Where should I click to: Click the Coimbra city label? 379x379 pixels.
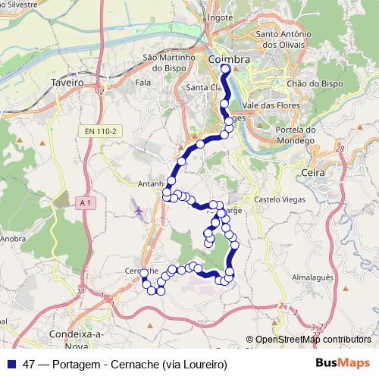tap(228, 59)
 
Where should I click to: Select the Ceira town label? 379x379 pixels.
tap(312, 174)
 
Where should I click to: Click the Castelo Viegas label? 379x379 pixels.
tap(279, 199)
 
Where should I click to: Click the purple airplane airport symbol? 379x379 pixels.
tap(140, 209)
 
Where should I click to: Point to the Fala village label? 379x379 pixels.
tap(143, 80)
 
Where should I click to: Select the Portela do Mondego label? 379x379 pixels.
tap(292, 134)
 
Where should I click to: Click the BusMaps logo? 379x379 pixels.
tap(343, 364)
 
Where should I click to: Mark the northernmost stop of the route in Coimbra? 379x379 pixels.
tap(225, 69)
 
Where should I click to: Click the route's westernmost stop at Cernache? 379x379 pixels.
tap(144, 273)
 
